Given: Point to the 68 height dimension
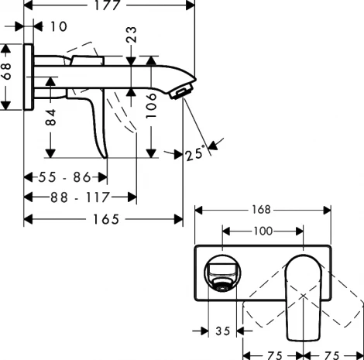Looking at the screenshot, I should coord(8,77).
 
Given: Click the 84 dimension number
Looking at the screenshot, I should coord(51,118).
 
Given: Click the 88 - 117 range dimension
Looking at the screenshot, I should coord(80,197).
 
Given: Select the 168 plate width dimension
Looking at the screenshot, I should coord(263,210).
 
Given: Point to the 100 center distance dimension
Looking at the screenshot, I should coord(262,231).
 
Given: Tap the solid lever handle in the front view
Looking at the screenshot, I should coord(303,298).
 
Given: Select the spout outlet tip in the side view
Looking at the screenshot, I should coord(183,91).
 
